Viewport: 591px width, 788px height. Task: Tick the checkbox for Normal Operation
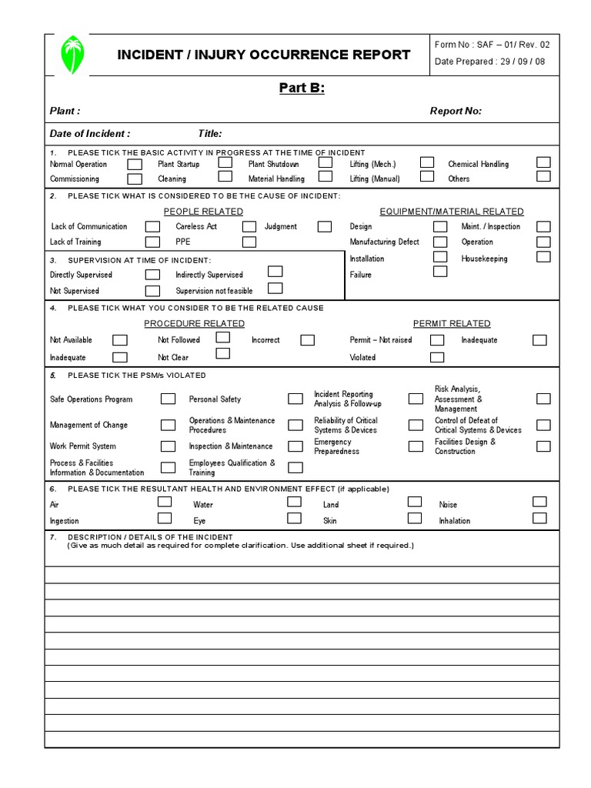[x=135, y=164]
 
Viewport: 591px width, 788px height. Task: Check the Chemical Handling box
[x=543, y=162]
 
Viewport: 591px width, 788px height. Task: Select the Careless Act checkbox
[x=249, y=226]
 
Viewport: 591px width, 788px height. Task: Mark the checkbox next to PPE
[x=249, y=242]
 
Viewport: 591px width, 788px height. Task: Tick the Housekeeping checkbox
[x=543, y=257]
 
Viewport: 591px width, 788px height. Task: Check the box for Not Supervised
[x=153, y=291]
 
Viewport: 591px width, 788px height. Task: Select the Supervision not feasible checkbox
[x=275, y=289]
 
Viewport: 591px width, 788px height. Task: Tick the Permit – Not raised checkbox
[x=437, y=340]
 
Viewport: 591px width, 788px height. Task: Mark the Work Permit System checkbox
[x=168, y=446]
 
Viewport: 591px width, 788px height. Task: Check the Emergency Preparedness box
[x=416, y=446]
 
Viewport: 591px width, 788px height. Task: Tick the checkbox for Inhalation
[x=539, y=518]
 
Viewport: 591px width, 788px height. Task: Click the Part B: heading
[x=301, y=88]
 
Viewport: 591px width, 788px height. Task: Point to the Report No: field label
[x=456, y=112]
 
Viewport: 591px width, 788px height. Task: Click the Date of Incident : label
[x=90, y=133]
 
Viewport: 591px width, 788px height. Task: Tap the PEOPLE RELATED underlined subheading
[x=203, y=212]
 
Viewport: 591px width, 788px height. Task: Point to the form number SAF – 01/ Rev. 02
[x=492, y=45]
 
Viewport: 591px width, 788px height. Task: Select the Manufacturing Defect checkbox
[x=440, y=242]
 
